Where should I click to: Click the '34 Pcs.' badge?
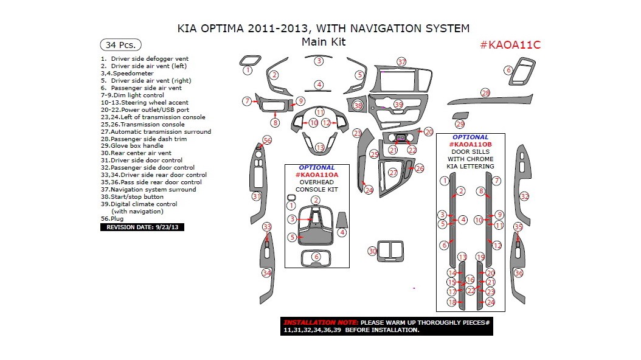[120, 45]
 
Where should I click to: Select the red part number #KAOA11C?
[510, 45]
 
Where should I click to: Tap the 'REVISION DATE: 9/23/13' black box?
[142, 227]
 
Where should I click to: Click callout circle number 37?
[401, 62]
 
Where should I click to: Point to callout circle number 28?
[485, 93]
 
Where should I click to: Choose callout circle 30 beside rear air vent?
[372, 251]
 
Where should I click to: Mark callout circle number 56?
[266, 140]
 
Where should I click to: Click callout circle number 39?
[398, 105]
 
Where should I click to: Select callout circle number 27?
[393, 173]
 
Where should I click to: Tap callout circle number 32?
[524, 196]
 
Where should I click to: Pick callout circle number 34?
[266, 273]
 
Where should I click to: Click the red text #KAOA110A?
[316, 175]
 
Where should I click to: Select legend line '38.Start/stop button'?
[132, 197]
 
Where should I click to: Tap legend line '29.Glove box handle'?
[131, 146]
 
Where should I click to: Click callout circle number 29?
[460, 124]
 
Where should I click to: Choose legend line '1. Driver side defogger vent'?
[145, 59]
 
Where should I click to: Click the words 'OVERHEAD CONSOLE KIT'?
[316, 185]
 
